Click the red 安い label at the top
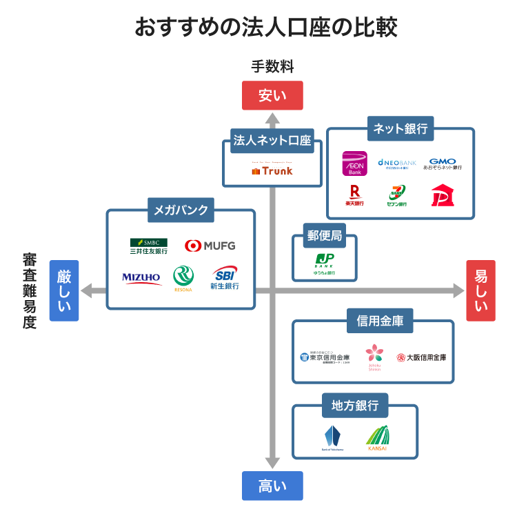[x=272, y=95]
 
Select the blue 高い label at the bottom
[x=272, y=486]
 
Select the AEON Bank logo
[x=354, y=164]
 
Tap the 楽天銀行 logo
[x=355, y=196]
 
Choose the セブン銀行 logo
[x=397, y=196]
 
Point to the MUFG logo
[x=211, y=246]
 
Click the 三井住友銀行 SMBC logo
[x=149, y=246]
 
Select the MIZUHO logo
[x=142, y=278]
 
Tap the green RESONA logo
[x=183, y=278]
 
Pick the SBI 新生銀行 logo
[x=225, y=277]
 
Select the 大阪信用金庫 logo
[x=421, y=357]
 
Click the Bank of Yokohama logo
[x=333, y=438]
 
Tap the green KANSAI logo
[x=377, y=438]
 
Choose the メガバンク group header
[x=181, y=210]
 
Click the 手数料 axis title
[x=272, y=67]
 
